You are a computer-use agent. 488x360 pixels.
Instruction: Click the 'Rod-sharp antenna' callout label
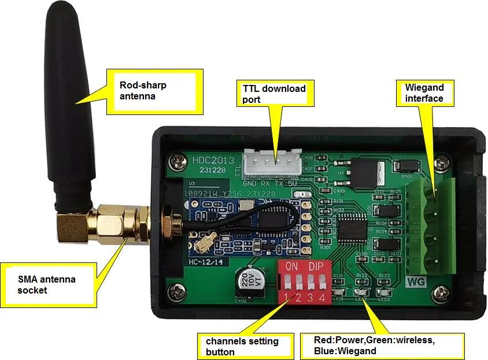(156, 91)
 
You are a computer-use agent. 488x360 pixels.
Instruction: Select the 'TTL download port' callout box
(275, 94)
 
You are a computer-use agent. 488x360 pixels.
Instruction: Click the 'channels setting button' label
(242, 346)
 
